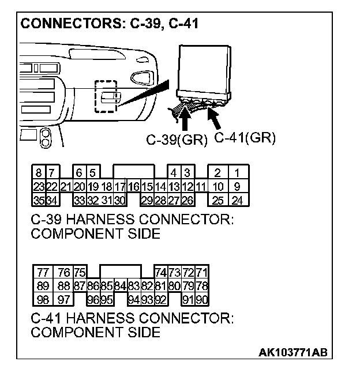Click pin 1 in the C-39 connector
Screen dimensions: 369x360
(x=237, y=173)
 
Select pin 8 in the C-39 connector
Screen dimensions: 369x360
(x=38, y=173)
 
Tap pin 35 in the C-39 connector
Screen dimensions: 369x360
(x=38, y=200)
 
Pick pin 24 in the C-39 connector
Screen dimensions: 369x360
(x=237, y=200)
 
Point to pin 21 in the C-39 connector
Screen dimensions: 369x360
(x=65, y=186)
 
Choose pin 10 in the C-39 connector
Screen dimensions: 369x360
(x=217, y=186)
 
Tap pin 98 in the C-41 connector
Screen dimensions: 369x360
(x=43, y=299)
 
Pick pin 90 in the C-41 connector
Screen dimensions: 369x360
(x=202, y=299)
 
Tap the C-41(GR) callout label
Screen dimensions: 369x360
(x=245, y=138)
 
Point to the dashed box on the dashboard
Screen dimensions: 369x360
(x=106, y=95)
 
